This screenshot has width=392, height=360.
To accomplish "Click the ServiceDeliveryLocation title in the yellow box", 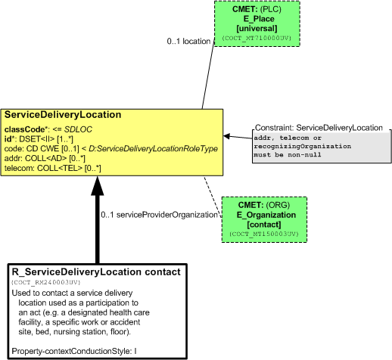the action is click(63, 115).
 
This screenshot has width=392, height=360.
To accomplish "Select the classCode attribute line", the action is click(48, 129).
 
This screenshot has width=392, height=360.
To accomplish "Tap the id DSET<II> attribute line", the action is click(39, 139).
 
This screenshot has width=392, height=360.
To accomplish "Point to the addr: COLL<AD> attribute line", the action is click(45, 158).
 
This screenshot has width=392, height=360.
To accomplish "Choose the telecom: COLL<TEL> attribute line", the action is click(52, 168).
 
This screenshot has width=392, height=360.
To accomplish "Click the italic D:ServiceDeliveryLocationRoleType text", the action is click(153, 149).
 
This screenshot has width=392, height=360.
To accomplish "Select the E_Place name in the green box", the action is click(259, 19).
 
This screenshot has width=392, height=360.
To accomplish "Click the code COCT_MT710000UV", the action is click(257, 38).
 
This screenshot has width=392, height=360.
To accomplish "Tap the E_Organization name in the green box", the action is click(266, 215).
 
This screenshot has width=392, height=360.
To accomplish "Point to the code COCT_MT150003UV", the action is click(264, 234).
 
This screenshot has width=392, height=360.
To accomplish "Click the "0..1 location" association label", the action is click(188, 41).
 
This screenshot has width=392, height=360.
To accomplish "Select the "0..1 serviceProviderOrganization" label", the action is click(159, 215).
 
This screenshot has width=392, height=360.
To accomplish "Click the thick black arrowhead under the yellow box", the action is click(98, 186).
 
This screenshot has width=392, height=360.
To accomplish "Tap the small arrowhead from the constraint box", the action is click(226, 136).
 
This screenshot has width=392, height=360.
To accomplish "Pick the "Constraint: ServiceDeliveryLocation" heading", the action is click(319, 128).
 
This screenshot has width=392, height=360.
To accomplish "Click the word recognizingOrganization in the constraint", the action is click(303, 147).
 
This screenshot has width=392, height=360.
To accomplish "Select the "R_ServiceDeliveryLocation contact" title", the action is click(96, 272).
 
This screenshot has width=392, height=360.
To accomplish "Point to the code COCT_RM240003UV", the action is click(45, 282).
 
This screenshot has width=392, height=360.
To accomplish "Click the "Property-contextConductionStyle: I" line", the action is click(74, 351).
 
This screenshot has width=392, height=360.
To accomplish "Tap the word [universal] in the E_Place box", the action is click(257, 29).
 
